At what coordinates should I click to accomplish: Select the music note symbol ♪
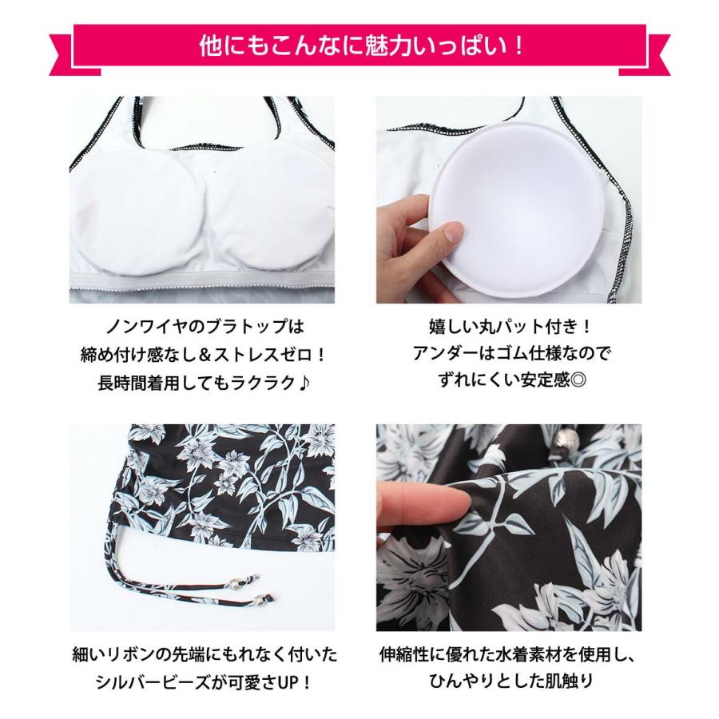coord(306,382)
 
